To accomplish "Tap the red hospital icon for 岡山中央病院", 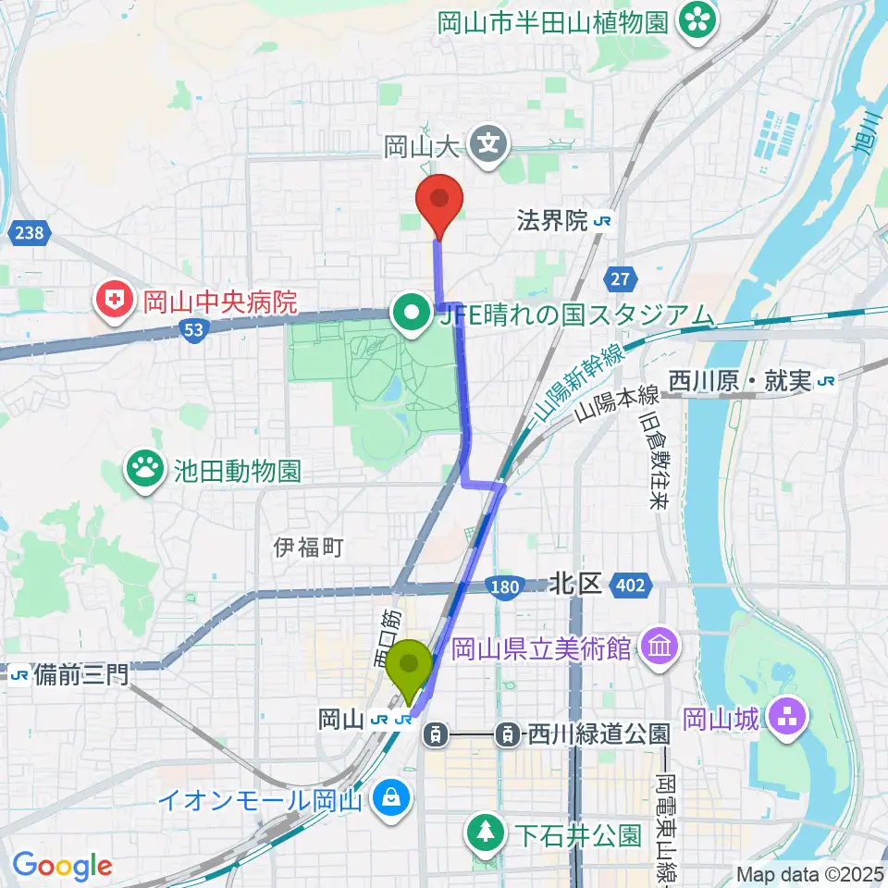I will tap(116, 301).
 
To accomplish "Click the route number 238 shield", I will tap(29, 233).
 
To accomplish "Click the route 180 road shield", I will tap(505, 586).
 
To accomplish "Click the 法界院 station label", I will tap(552, 221).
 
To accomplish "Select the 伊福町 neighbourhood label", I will tap(309, 548).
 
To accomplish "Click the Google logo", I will tap(62, 866).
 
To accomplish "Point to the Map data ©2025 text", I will tap(810, 873).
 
